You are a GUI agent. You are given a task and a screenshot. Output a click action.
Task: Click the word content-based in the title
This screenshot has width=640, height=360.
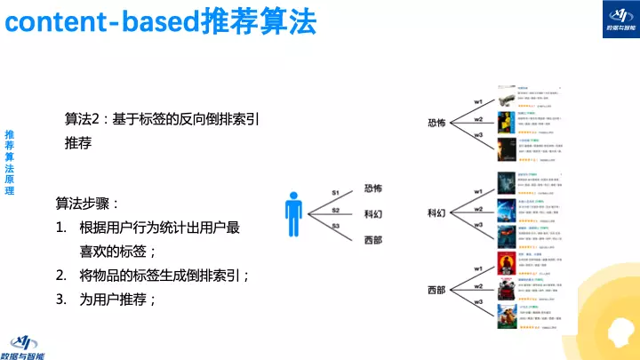[x=99, y=22]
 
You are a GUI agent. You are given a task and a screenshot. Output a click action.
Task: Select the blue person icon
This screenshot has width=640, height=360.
[x=293, y=214]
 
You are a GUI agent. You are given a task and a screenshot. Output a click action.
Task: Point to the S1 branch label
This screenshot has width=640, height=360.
[x=336, y=193]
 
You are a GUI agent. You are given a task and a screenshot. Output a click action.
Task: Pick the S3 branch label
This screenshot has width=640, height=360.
[x=336, y=228]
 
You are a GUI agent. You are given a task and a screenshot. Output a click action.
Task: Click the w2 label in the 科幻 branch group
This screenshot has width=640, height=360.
[x=478, y=209]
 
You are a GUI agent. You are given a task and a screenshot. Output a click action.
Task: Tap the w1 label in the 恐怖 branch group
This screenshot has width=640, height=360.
[x=478, y=101]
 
